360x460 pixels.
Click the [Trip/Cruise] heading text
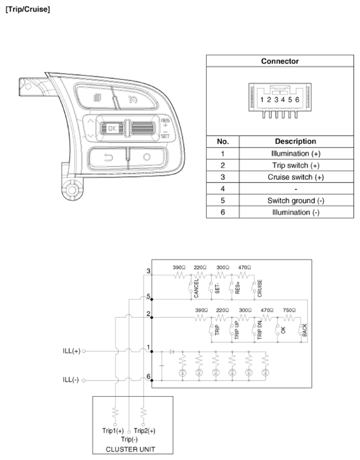click(x=27, y=9)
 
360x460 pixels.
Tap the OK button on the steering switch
click(x=112, y=128)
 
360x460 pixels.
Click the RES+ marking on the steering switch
click(x=165, y=123)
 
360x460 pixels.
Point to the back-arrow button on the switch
click(x=108, y=158)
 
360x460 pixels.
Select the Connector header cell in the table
click(x=280, y=61)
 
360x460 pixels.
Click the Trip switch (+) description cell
click(x=296, y=165)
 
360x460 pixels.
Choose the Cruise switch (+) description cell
click(x=296, y=177)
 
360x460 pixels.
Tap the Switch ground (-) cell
click(x=296, y=201)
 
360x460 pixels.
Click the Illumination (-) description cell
click(x=296, y=213)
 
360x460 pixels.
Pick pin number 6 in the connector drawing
click(x=297, y=100)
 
